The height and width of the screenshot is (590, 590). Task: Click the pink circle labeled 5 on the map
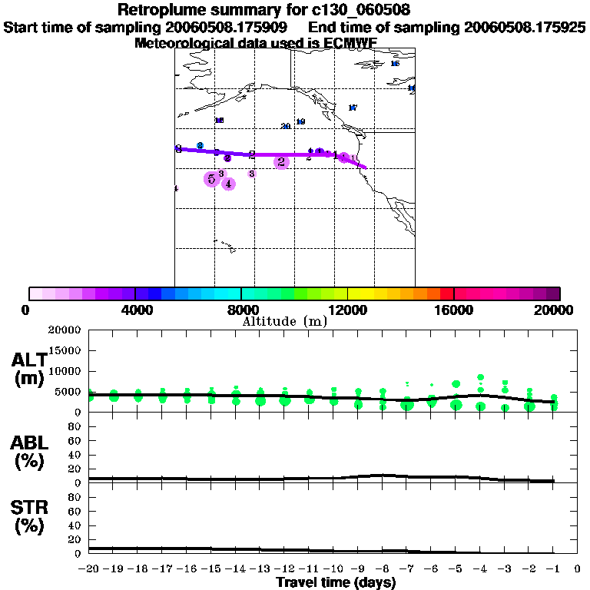(x=211, y=179)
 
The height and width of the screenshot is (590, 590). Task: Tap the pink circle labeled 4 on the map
(x=228, y=183)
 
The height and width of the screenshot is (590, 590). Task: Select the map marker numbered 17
(x=353, y=108)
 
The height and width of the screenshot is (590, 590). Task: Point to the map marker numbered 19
(x=300, y=121)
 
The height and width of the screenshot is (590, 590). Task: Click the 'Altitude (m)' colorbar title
(x=284, y=321)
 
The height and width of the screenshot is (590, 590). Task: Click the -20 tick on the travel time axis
(x=90, y=569)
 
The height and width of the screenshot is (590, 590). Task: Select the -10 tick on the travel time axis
(x=334, y=569)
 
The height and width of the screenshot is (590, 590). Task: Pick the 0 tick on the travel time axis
(x=577, y=569)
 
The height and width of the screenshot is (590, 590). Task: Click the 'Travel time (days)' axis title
(x=336, y=582)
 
